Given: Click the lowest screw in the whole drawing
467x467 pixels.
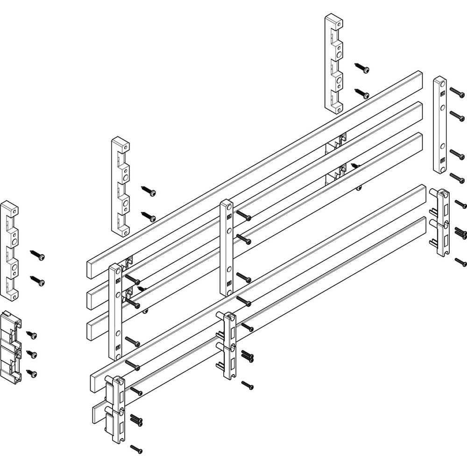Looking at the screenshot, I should pyautogui.click(x=136, y=449).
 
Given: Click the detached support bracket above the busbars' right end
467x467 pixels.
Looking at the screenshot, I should pyautogui.click(x=333, y=63).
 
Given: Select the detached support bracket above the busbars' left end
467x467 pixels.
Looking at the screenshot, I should pyautogui.click(x=120, y=184).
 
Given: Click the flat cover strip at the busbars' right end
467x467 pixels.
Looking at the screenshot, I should pyautogui.click(x=439, y=125).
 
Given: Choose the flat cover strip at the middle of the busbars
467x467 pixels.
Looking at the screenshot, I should pyautogui.click(x=226, y=248).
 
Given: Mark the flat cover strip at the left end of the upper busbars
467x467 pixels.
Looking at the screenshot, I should pyautogui.click(x=115, y=311).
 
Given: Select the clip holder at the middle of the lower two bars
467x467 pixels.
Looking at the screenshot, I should pyautogui.click(x=228, y=346).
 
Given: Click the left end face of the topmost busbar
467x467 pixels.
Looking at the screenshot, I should pyautogui.click(x=92, y=269).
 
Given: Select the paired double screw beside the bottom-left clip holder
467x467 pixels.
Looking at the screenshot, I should pyautogui.click(x=136, y=419).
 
